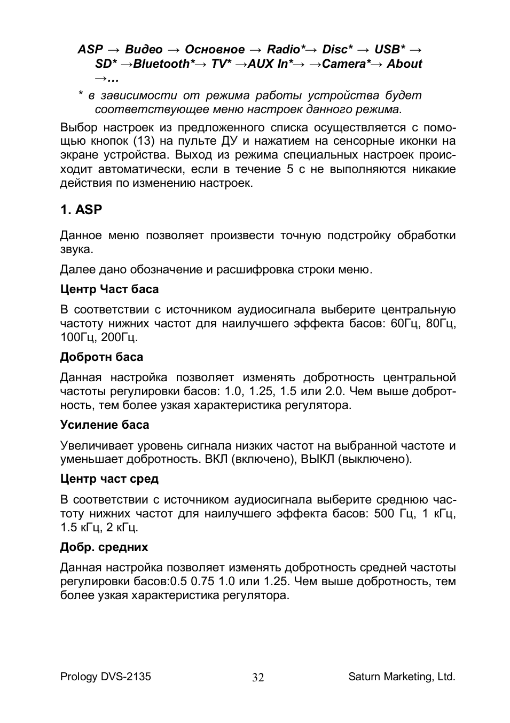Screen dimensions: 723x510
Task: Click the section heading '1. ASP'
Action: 81,210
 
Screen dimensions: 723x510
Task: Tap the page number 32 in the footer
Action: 258,678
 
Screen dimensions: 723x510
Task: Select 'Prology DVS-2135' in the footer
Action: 105,677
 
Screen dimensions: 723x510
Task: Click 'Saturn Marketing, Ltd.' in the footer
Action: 402,677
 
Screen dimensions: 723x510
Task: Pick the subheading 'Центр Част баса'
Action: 109,289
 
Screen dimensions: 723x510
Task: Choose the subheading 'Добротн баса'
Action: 101,357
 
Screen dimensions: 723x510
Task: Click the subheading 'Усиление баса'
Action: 105,425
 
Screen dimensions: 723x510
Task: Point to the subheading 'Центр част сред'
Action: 109,479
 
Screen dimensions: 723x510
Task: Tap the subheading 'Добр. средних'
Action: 104,547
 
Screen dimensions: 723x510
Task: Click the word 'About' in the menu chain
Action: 404,64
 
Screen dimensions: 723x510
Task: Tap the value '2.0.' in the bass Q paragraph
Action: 334,391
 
